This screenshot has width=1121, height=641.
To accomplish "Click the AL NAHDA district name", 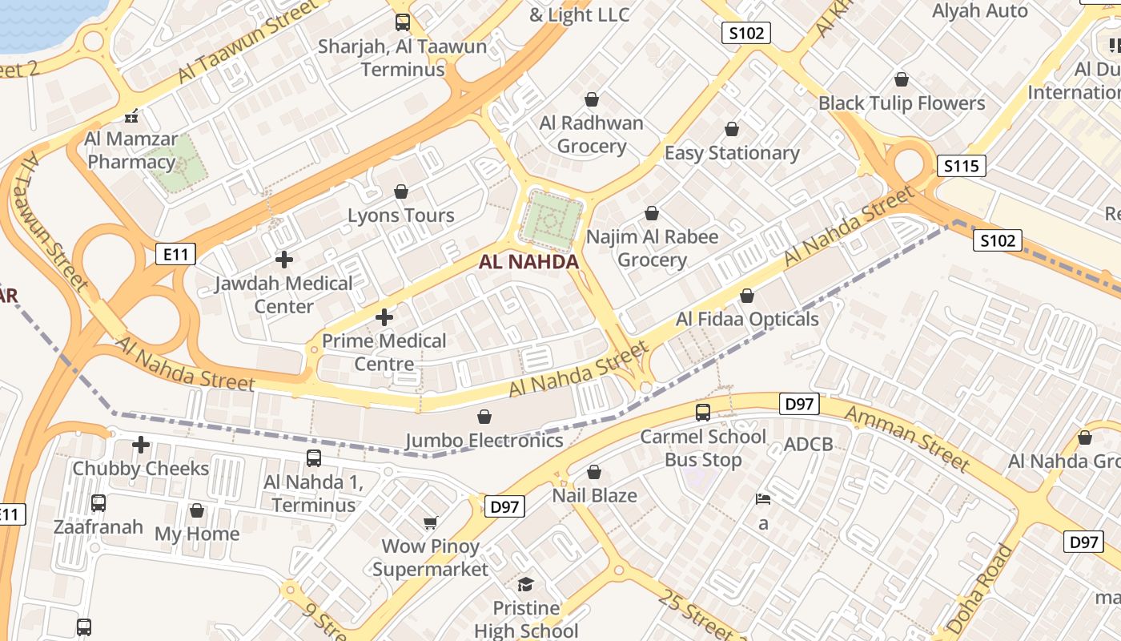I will point(528,262).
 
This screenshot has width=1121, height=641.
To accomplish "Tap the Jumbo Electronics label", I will point(484,440).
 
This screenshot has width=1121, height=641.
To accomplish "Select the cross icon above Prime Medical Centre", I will point(384,317).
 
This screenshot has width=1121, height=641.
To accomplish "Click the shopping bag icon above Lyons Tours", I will point(401,192).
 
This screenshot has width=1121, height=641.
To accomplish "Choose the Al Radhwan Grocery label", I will point(592,135).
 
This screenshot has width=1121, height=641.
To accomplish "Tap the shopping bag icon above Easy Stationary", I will point(732,129).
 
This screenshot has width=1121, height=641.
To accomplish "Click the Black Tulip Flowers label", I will point(902,103).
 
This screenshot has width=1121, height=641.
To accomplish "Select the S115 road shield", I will point(961,166).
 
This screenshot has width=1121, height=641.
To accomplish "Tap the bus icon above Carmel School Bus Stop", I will point(703,413).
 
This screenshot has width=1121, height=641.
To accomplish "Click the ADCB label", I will point(809,445).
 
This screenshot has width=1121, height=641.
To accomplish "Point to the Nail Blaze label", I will point(595,495).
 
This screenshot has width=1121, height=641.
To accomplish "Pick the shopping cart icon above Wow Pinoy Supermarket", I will point(430,523).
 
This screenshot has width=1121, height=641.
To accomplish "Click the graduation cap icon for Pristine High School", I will point(526,584).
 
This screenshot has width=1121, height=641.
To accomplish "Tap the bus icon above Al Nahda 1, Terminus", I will point(314,458).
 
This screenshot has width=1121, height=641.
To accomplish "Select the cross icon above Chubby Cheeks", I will point(141,445).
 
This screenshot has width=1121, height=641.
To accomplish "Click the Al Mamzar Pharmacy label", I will point(131,150).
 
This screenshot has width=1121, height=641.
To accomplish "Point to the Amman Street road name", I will point(907,437).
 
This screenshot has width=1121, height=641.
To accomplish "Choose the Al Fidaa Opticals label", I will point(747,319).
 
